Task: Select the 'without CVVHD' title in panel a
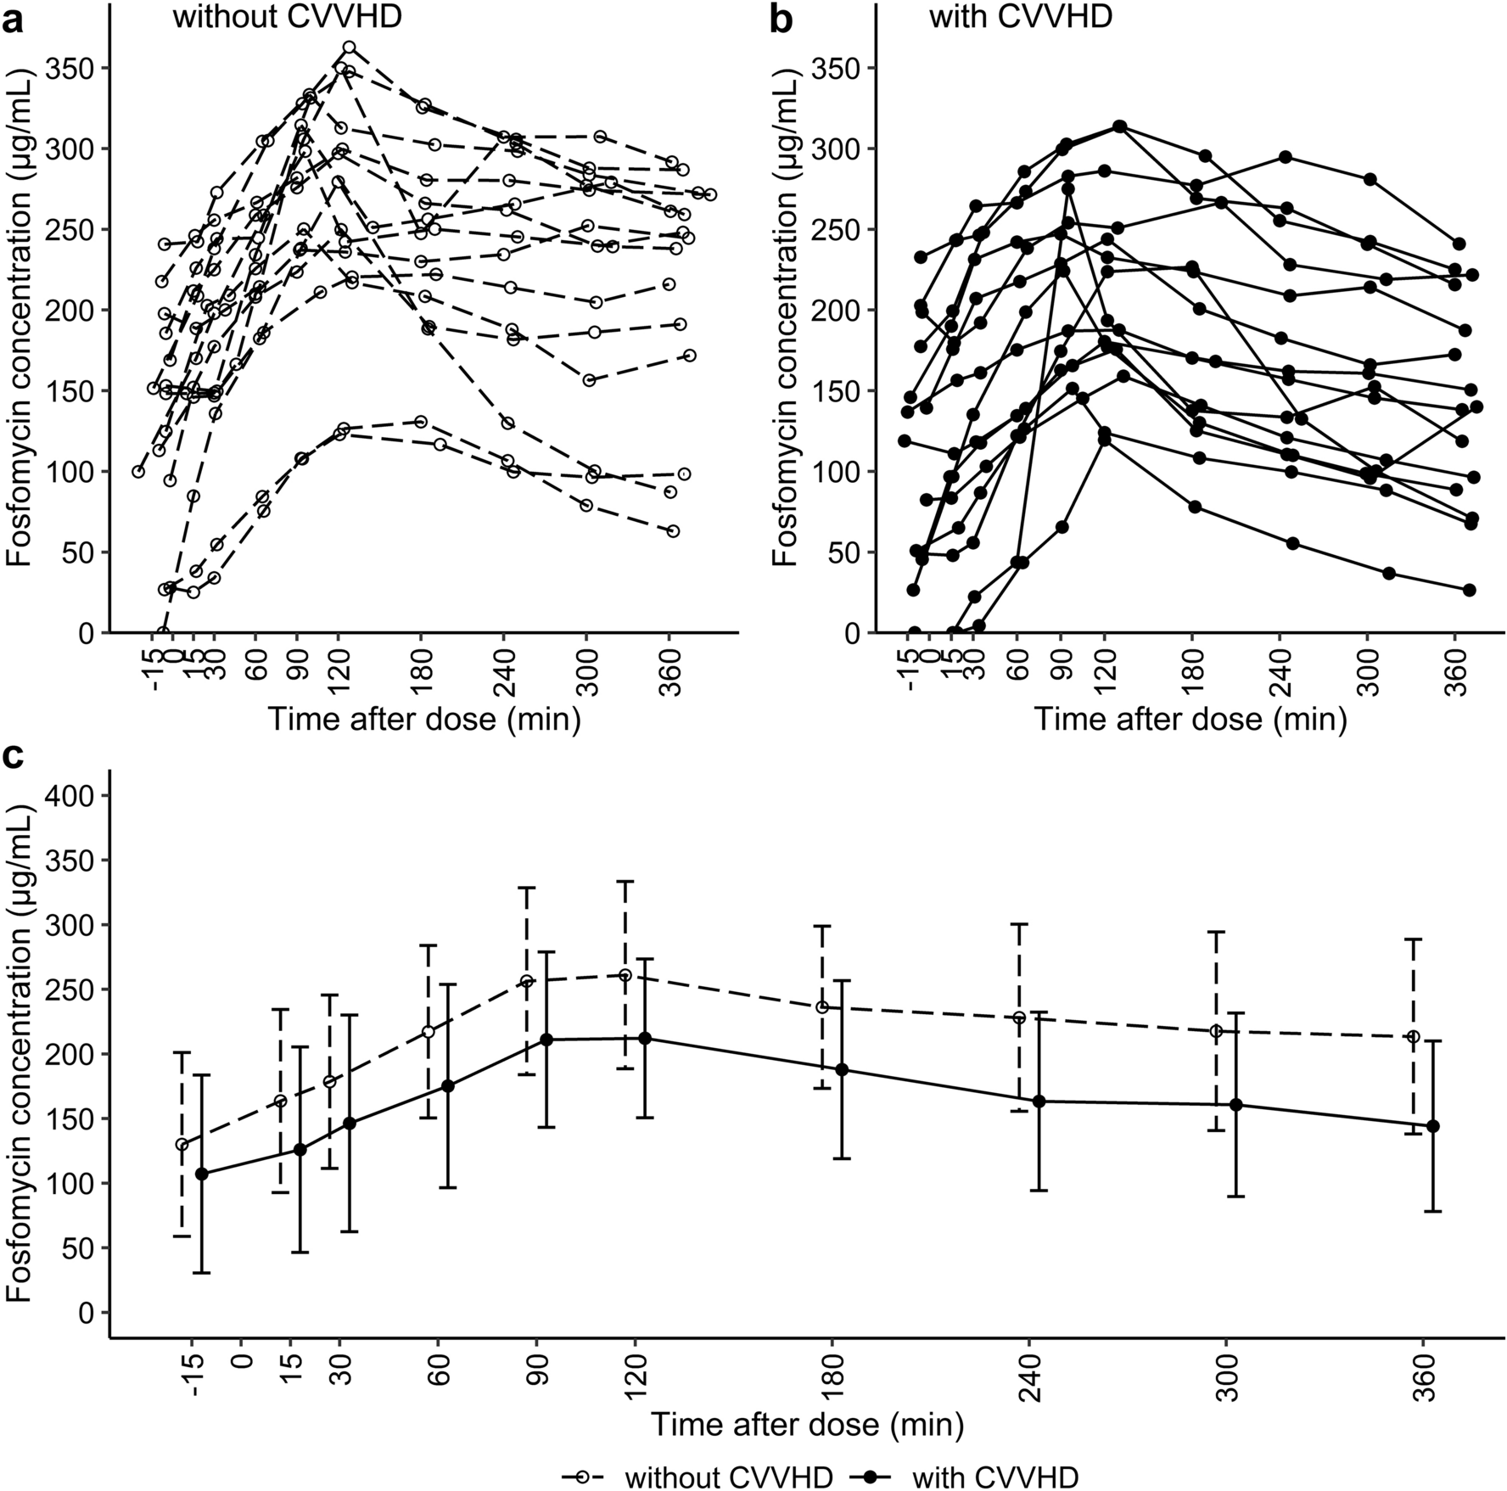tap(287, 16)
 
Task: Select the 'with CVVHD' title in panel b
tap(1020, 16)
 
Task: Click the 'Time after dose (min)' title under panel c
tap(807, 1424)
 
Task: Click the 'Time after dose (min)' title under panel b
tap(1190, 720)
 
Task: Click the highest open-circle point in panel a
tap(349, 48)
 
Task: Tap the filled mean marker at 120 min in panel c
tap(645, 1039)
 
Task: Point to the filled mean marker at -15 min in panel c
tap(201, 1174)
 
